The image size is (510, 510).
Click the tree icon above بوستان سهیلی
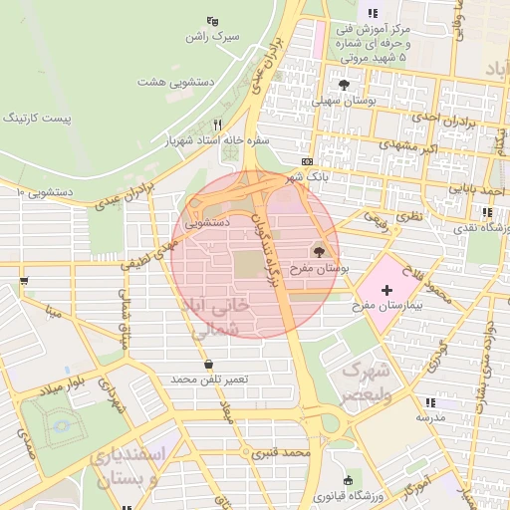click(x=345, y=86)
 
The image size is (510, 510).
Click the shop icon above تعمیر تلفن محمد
click(x=208, y=363)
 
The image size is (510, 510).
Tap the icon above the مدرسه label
click(x=429, y=402)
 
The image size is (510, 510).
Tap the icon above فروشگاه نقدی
click(x=485, y=212)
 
